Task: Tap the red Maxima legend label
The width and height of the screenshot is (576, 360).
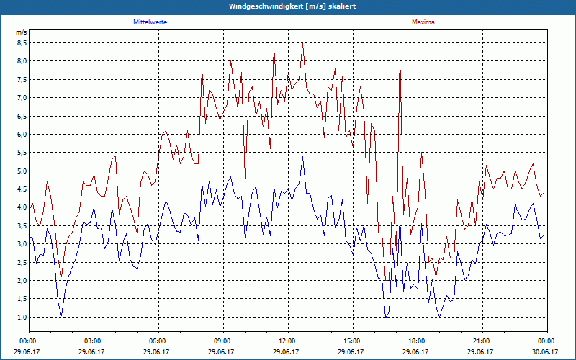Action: pos(423,22)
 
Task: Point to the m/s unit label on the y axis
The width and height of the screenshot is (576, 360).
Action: pos(21,32)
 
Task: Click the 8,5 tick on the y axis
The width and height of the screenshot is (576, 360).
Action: pos(22,42)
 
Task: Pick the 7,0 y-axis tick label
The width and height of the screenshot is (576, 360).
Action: pos(22,97)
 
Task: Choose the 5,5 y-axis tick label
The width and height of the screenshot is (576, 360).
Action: pos(22,153)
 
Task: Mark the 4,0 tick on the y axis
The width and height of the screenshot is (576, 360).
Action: pos(22,207)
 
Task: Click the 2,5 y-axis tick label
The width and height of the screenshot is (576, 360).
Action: pos(22,262)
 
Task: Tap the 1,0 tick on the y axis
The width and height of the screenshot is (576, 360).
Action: pos(22,318)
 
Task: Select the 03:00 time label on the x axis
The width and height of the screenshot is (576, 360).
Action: pos(93,341)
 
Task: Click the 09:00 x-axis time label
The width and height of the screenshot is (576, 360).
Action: pos(222,341)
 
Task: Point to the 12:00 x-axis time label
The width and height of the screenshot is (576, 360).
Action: pos(287,341)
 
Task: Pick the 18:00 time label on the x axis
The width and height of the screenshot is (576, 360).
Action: pos(417,341)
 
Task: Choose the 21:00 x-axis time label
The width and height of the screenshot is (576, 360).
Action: pos(482,341)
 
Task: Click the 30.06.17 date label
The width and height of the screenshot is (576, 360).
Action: pos(546,351)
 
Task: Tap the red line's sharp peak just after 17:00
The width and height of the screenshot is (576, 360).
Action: pos(400,54)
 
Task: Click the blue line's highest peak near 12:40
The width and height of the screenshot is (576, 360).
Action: pos(302,158)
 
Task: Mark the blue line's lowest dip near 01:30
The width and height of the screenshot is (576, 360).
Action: pos(62,315)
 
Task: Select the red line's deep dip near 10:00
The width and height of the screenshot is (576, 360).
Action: pos(246,177)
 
